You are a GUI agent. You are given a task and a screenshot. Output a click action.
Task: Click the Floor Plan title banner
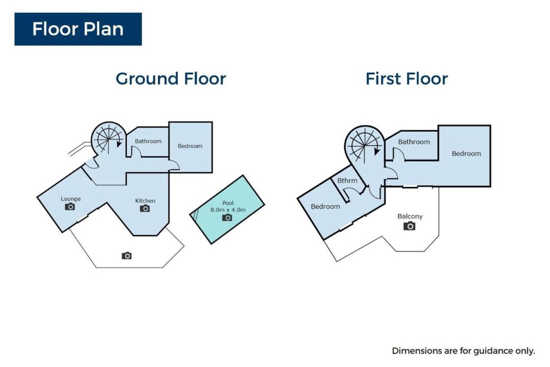click(x=78, y=29)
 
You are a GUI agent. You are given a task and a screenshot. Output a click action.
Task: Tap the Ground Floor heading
click(x=171, y=78)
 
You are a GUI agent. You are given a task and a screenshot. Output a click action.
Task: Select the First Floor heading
click(x=406, y=78)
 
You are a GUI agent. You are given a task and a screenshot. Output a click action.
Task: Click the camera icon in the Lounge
click(x=70, y=206)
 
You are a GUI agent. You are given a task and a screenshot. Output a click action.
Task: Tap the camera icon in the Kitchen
click(x=145, y=208)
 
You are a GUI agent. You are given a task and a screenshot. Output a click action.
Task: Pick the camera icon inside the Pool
click(x=227, y=218)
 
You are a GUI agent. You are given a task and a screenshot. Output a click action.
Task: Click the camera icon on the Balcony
click(x=409, y=226)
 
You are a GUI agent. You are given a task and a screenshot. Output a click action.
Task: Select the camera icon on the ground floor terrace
click(x=127, y=256)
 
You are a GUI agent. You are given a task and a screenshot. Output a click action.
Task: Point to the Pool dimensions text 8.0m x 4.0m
click(x=228, y=210)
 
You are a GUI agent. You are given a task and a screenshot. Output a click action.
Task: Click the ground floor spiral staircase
click(x=109, y=139)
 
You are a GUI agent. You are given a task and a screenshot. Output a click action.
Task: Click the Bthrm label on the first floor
click(x=347, y=180)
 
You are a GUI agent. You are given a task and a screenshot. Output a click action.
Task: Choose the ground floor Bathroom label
click(x=148, y=141)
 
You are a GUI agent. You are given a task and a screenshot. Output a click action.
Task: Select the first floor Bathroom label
click(x=414, y=142)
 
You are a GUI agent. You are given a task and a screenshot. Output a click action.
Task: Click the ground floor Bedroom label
click(x=190, y=146)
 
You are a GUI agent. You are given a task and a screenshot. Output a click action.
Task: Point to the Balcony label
click(x=410, y=216)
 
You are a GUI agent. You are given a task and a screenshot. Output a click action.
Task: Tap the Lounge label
click(x=71, y=199)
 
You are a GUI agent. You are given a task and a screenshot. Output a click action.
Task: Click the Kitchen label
click(x=145, y=201)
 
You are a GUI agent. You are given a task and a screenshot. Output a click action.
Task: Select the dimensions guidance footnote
click(x=463, y=351)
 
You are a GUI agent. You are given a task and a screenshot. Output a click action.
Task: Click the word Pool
click(x=228, y=203)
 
